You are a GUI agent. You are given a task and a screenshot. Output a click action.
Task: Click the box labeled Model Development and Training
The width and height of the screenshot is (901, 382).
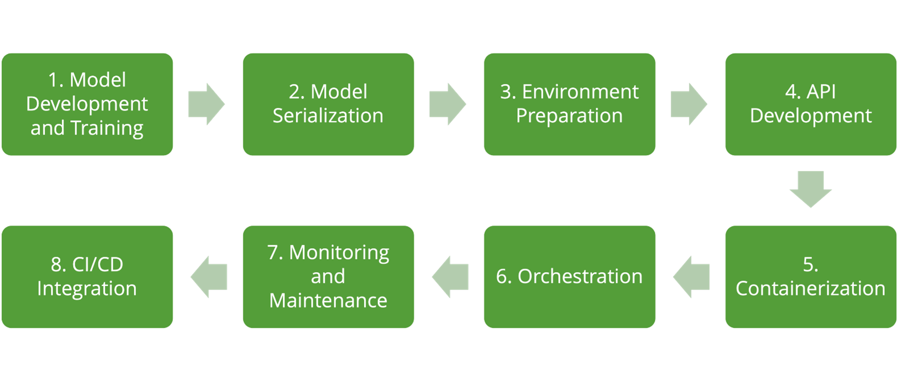click(87, 104)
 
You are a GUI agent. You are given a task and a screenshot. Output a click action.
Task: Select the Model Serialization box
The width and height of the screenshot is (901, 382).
click(328, 104)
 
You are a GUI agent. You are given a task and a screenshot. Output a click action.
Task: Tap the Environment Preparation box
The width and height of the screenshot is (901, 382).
click(569, 104)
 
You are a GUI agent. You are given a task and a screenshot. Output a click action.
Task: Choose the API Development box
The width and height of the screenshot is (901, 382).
click(810, 104)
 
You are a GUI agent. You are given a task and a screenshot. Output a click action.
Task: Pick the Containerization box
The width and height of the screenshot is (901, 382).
click(810, 277)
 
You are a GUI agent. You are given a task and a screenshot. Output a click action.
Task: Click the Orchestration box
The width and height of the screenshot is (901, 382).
click(569, 277)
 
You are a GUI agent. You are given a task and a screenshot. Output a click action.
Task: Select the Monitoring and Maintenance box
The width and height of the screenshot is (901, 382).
click(328, 277)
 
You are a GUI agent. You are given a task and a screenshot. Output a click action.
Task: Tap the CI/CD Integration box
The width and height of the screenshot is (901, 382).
click(87, 277)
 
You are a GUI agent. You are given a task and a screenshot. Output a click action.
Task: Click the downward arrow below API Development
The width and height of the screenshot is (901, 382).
click(810, 189)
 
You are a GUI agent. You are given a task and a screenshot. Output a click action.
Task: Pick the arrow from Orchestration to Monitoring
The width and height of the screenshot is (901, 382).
click(450, 277)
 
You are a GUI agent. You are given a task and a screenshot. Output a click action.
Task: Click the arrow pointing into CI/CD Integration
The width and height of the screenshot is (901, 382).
click(209, 277)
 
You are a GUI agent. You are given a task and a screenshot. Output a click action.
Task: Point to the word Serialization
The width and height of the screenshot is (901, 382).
click(328, 116)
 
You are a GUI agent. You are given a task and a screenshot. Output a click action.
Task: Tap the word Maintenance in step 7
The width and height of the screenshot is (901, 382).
click(328, 300)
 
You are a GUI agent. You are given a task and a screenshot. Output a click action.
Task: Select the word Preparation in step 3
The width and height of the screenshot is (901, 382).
click(569, 116)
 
